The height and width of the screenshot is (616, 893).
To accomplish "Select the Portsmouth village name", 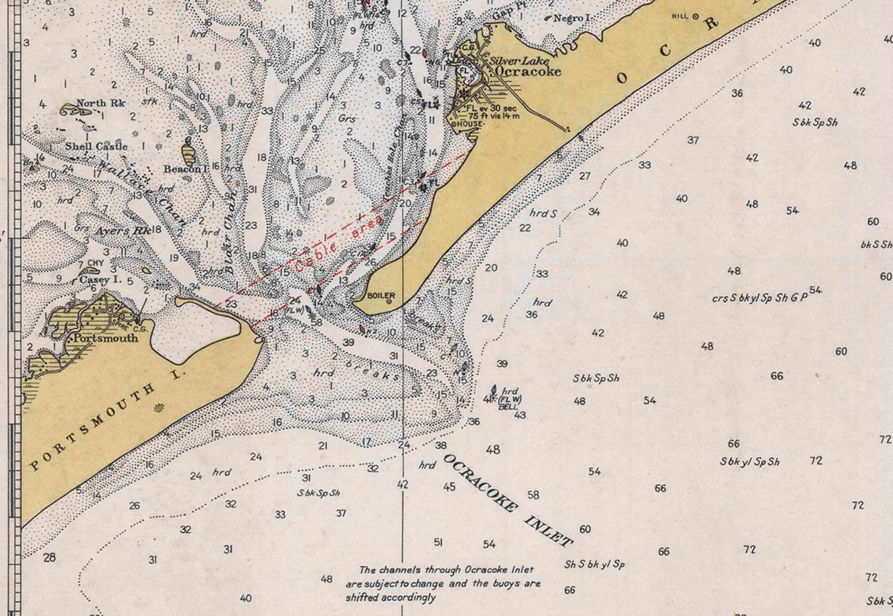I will (x=105, y=338).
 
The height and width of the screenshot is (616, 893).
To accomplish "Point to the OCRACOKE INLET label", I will (x=508, y=500).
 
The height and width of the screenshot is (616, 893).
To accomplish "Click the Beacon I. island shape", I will (x=189, y=152).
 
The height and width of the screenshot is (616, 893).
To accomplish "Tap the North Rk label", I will (x=101, y=103).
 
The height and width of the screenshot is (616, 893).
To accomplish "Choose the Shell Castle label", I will (x=96, y=146).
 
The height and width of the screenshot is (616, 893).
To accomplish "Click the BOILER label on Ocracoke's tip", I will (x=381, y=295).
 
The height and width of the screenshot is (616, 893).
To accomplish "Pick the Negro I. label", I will (x=572, y=18).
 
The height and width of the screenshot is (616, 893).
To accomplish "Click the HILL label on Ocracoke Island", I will (x=680, y=17).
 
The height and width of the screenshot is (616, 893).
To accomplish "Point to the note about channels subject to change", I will (x=443, y=583).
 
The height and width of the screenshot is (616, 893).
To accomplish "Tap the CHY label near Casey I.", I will (x=95, y=263).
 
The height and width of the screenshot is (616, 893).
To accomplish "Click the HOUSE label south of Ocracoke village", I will (x=470, y=124).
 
